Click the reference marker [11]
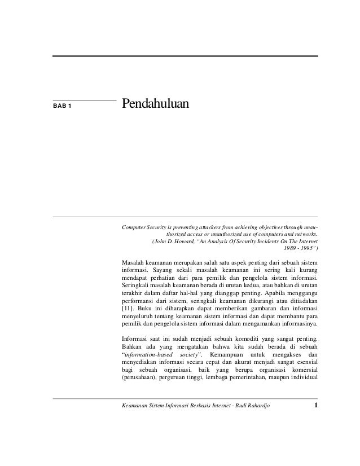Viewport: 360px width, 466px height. click(128, 309)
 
